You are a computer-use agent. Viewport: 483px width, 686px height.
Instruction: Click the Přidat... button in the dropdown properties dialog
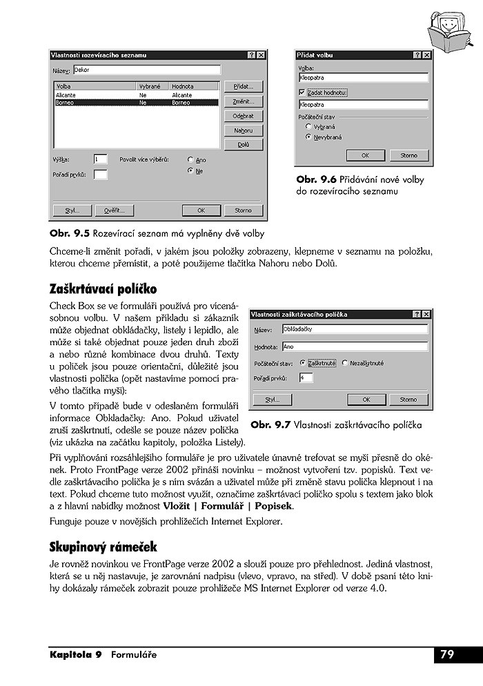243,87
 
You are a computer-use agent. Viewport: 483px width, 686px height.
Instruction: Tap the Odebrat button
243,116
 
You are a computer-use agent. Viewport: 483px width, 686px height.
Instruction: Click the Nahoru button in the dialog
243,130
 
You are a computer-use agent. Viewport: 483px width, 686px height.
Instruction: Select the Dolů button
243,145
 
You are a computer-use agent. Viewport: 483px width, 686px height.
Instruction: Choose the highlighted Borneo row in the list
136,102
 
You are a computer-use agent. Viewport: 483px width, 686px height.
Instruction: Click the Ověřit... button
115,210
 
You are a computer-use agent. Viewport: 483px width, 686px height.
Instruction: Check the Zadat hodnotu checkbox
302,92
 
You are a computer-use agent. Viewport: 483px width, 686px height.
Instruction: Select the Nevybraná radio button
308,137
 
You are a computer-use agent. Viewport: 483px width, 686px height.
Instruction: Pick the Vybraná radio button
308,127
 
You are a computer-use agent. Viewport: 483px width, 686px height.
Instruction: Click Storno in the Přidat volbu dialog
408,156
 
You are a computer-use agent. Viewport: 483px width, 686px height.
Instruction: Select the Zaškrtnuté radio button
302,362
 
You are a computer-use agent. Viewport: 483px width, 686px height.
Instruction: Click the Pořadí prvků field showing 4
306,378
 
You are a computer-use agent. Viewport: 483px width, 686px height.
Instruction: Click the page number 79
448,654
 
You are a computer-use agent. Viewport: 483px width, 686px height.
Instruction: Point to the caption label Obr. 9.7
270,425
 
